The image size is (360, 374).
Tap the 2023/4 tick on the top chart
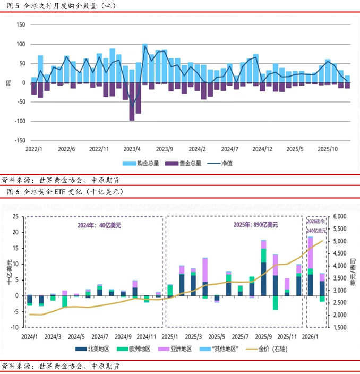132,149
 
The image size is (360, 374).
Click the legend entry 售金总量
184,163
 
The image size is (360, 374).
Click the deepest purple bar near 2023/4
132,101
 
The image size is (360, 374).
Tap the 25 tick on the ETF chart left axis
15,217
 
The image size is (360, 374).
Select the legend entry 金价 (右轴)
272,348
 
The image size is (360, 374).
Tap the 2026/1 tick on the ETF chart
310,336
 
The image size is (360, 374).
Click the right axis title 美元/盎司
353,272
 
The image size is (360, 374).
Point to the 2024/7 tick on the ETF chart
100,336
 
